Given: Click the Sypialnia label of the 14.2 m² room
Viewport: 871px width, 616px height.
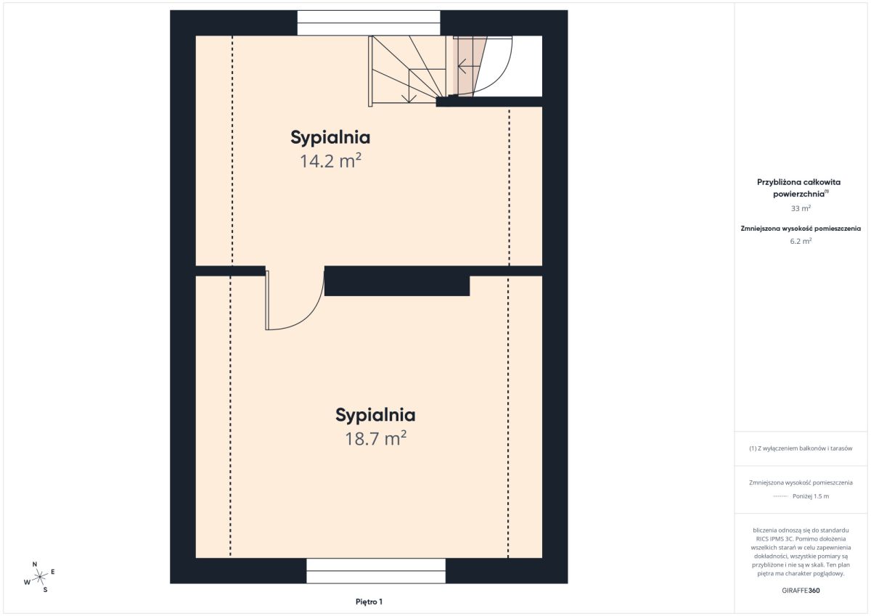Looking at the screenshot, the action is coord(330,138).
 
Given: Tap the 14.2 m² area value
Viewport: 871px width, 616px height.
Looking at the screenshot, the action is coord(330,161).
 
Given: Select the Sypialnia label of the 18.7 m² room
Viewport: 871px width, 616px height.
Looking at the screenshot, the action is coord(375,416).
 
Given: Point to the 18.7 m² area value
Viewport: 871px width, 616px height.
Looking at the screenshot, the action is coord(376,438).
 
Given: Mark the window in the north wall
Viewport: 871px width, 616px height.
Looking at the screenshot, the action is coord(369,23).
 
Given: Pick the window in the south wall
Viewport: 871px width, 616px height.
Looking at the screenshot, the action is coord(376,570).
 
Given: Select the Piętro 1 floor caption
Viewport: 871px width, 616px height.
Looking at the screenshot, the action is coord(369,601).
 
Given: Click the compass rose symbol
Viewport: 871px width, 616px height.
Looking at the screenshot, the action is coord(40,577).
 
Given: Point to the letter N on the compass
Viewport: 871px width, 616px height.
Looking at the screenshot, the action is coord(35,564).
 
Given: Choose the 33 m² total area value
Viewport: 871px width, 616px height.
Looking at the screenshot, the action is coord(801,208).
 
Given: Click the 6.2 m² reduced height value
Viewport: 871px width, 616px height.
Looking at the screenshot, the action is coord(801,241).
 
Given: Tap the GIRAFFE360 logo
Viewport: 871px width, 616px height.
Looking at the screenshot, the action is coord(801,591).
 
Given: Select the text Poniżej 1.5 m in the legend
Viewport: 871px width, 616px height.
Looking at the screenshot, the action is coord(811,496).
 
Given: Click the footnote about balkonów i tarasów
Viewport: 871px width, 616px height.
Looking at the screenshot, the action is coord(801,448).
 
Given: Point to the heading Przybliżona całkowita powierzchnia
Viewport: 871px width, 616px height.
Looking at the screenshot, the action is coord(798,188).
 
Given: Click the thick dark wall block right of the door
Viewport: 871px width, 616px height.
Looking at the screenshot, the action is coord(397,281).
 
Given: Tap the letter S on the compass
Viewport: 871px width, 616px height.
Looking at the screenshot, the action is coord(45,590).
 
